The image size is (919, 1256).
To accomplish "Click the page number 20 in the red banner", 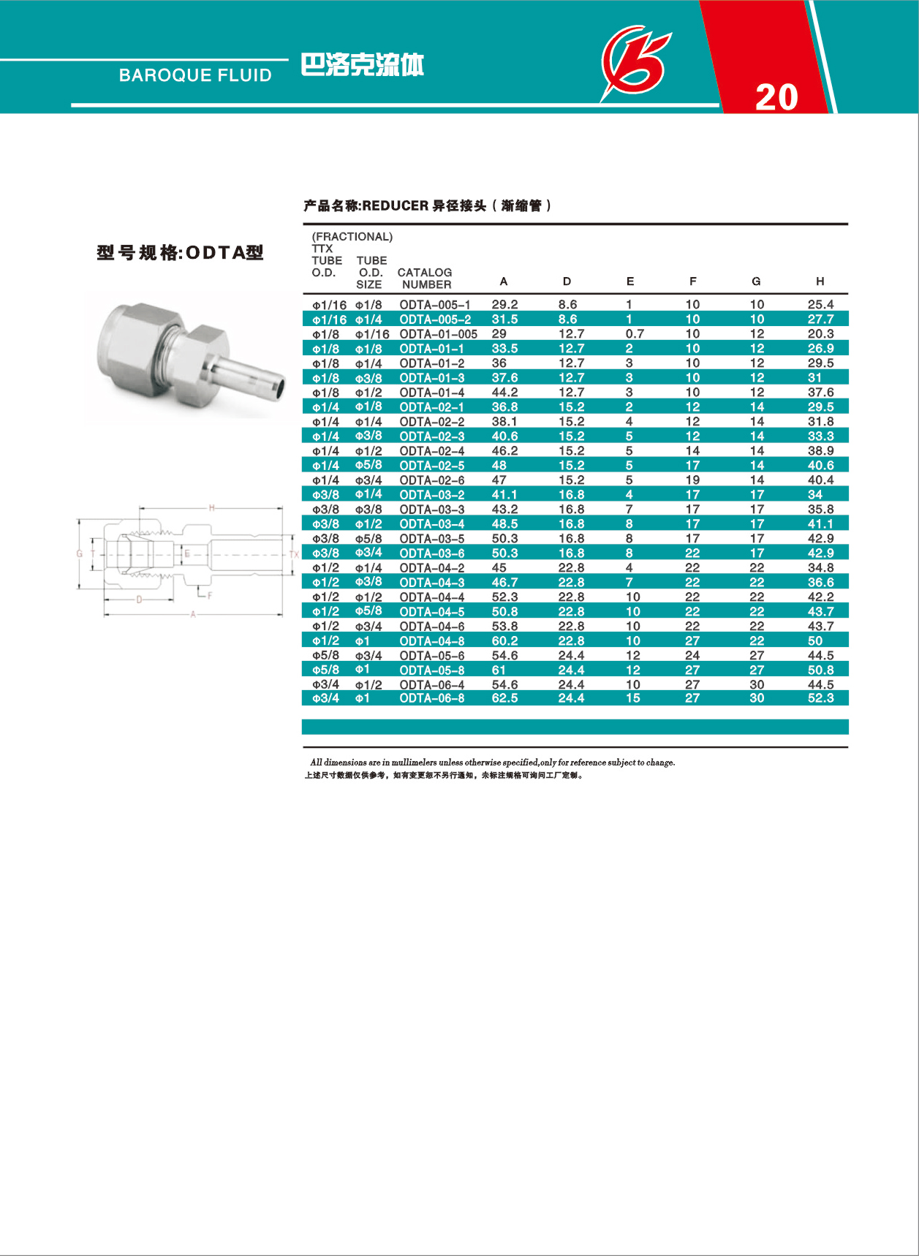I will click(x=776, y=97).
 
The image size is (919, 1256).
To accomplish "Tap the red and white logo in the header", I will click(x=635, y=62).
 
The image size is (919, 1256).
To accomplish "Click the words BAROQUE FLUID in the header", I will click(x=195, y=75).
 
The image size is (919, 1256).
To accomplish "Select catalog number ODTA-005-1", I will click(x=434, y=305).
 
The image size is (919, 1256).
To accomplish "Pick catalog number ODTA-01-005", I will click(x=438, y=334).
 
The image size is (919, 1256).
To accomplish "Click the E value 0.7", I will click(x=635, y=334).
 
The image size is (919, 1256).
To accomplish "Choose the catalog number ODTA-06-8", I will click(x=431, y=699).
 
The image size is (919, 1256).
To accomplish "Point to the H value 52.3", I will click(x=820, y=699).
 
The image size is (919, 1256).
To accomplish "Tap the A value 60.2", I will click(x=504, y=641).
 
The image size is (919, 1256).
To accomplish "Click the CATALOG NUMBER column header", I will click(x=425, y=279).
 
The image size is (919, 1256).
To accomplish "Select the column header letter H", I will click(x=820, y=281).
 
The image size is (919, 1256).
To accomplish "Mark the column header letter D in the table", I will click(x=567, y=281).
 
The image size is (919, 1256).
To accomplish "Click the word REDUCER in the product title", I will click(x=395, y=206).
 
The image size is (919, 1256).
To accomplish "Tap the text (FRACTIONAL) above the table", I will click(x=352, y=237).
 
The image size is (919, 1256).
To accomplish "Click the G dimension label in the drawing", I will click(x=80, y=553).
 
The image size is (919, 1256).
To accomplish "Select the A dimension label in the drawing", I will click(x=193, y=615).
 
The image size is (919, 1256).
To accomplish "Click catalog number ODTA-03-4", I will click(x=431, y=524).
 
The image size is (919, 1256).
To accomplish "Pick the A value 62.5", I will click(x=504, y=699).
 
